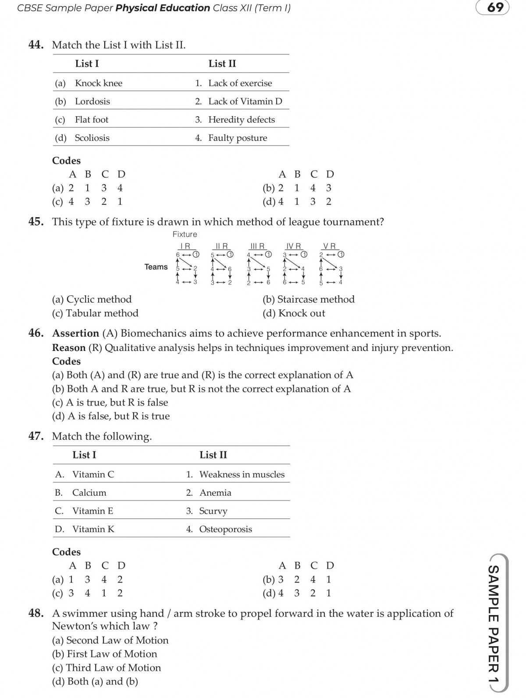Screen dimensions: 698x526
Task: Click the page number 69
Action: click(x=495, y=7)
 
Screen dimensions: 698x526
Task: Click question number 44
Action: click(x=36, y=45)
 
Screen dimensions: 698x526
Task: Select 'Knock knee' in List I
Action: click(x=99, y=83)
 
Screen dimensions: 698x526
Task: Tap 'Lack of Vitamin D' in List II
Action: click(x=245, y=101)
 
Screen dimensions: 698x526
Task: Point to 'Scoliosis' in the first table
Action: click(x=92, y=138)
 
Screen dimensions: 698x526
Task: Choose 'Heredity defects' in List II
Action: click(x=242, y=120)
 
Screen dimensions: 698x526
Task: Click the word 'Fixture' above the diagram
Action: click(x=185, y=234)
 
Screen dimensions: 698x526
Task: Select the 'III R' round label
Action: click(x=257, y=246)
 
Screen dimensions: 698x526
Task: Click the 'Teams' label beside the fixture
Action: click(x=156, y=267)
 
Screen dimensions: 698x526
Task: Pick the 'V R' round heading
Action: click(x=329, y=246)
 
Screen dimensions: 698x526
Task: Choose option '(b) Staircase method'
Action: click(x=309, y=299)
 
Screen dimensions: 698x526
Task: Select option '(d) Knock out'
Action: click(x=294, y=313)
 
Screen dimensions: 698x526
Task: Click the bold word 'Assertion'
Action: click(x=75, y=333)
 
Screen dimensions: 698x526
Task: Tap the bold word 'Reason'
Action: click(x=68, y=348)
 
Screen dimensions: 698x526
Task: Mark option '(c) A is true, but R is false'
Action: click(x=110, y=402)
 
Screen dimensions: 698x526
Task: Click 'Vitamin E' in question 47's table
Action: click(x=92, y=511)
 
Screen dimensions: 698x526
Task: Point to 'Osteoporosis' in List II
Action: click(x=225, y=529)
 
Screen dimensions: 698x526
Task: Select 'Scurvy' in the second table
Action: click(x=213, y=511)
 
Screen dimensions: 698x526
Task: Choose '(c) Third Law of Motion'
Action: click(x=107, y=668)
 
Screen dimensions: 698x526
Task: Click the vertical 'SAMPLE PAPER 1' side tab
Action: click(x=494, y=623)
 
